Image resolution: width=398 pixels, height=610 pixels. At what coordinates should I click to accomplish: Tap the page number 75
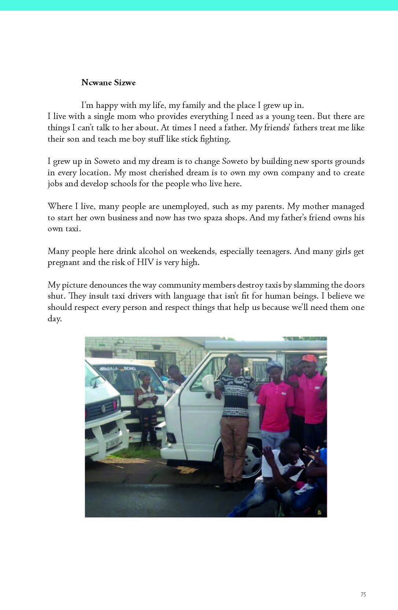tap(363, 595)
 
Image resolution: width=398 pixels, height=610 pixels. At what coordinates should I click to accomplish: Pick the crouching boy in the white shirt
tap(282, 472)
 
